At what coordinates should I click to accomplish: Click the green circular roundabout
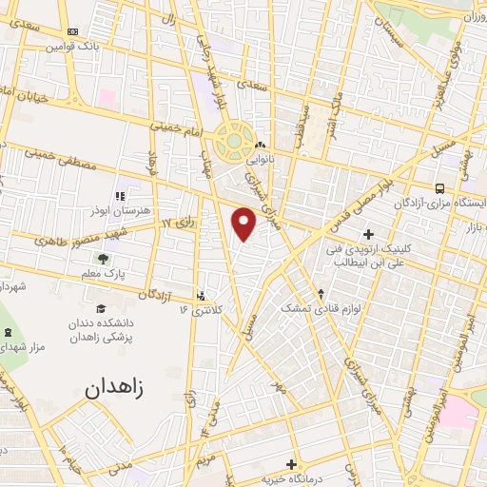[231, 144]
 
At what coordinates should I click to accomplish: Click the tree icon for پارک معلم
[103, 259]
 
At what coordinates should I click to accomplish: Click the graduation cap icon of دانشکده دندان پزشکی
[101, 308]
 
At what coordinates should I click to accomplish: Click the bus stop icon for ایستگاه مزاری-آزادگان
[439, 189]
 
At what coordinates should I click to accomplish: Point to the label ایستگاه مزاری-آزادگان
[438, 205]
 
